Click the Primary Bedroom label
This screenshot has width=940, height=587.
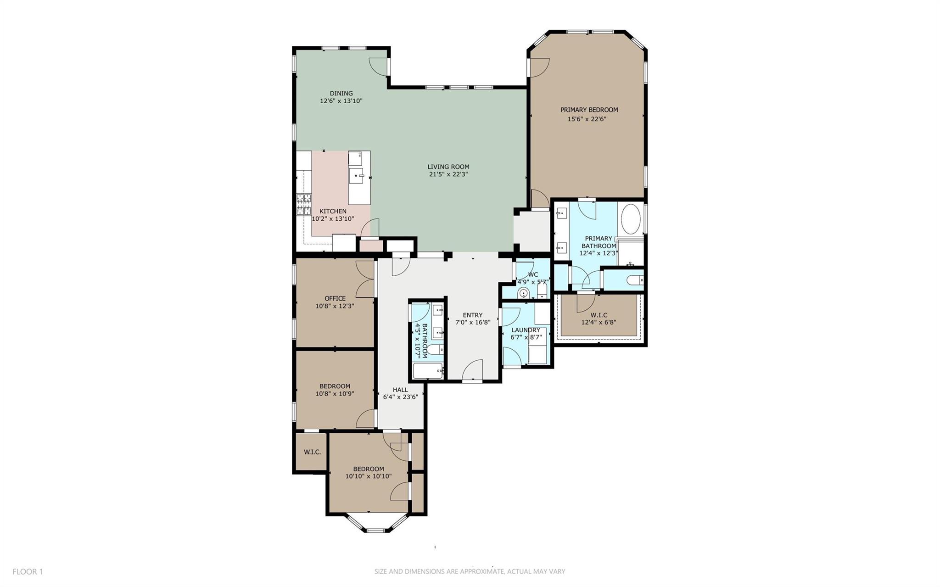589,110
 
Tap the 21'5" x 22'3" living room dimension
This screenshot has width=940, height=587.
448,174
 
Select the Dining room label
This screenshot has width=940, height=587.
341,93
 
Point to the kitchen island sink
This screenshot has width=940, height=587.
356,175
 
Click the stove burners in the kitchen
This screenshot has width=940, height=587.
303,204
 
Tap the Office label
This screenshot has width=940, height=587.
335,298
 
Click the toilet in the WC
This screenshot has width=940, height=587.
523,293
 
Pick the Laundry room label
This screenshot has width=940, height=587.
526,330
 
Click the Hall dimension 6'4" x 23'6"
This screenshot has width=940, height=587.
400,397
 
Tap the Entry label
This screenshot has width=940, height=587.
472,315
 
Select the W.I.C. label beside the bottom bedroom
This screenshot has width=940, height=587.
312,452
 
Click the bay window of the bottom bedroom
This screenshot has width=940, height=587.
376,528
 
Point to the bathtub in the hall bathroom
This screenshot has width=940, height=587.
427,370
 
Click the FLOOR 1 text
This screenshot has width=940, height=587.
28,571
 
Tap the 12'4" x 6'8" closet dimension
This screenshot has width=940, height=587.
599,322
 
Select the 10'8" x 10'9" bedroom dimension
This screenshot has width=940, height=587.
334,394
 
